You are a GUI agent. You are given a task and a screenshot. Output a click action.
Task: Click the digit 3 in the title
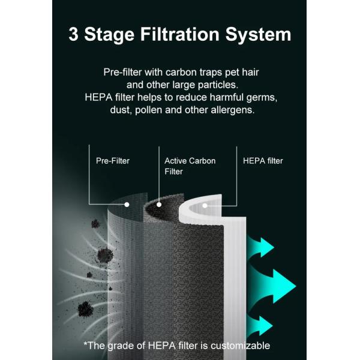click(x=73, y=34)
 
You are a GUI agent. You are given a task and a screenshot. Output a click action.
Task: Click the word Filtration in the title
click(x=180, y=34)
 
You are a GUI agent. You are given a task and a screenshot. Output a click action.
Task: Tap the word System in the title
click(x=258, y=35)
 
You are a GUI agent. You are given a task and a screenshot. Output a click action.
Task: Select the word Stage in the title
click(x=109, y=35)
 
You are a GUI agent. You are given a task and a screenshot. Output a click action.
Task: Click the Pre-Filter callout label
click(x=113, y=161)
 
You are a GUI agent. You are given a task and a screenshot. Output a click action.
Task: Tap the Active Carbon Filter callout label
click(x=190, y=166)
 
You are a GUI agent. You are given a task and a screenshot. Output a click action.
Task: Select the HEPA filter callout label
click(x=263, y=161)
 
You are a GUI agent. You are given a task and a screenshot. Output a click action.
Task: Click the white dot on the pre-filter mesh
click(x=127, y=205)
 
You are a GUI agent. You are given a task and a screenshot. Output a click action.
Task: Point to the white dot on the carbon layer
click(x=159, y=205)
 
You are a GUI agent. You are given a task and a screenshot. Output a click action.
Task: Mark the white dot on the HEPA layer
click(x=205, y=206)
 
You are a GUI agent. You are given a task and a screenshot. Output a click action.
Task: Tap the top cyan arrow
click(x=262, y=247)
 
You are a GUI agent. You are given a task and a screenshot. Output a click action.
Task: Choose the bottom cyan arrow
click(x=260, y=326)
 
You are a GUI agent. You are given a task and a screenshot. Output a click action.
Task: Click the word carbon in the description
click(x=181, y=73)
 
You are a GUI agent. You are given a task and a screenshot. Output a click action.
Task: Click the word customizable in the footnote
click(x=240, y=346)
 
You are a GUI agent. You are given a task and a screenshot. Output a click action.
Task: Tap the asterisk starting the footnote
click(x=85, y=343)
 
